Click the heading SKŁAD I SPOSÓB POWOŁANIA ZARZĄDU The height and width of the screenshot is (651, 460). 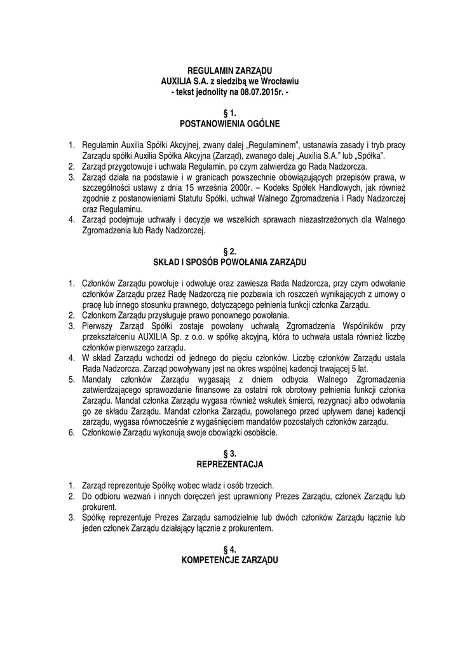229,261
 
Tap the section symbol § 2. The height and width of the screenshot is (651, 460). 229,251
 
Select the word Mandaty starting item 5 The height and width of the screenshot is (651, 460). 100,380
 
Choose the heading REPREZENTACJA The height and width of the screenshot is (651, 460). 229,465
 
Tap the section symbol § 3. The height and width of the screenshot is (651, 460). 229,454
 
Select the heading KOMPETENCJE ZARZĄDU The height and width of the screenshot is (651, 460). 229,561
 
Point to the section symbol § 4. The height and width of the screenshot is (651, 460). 229,550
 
